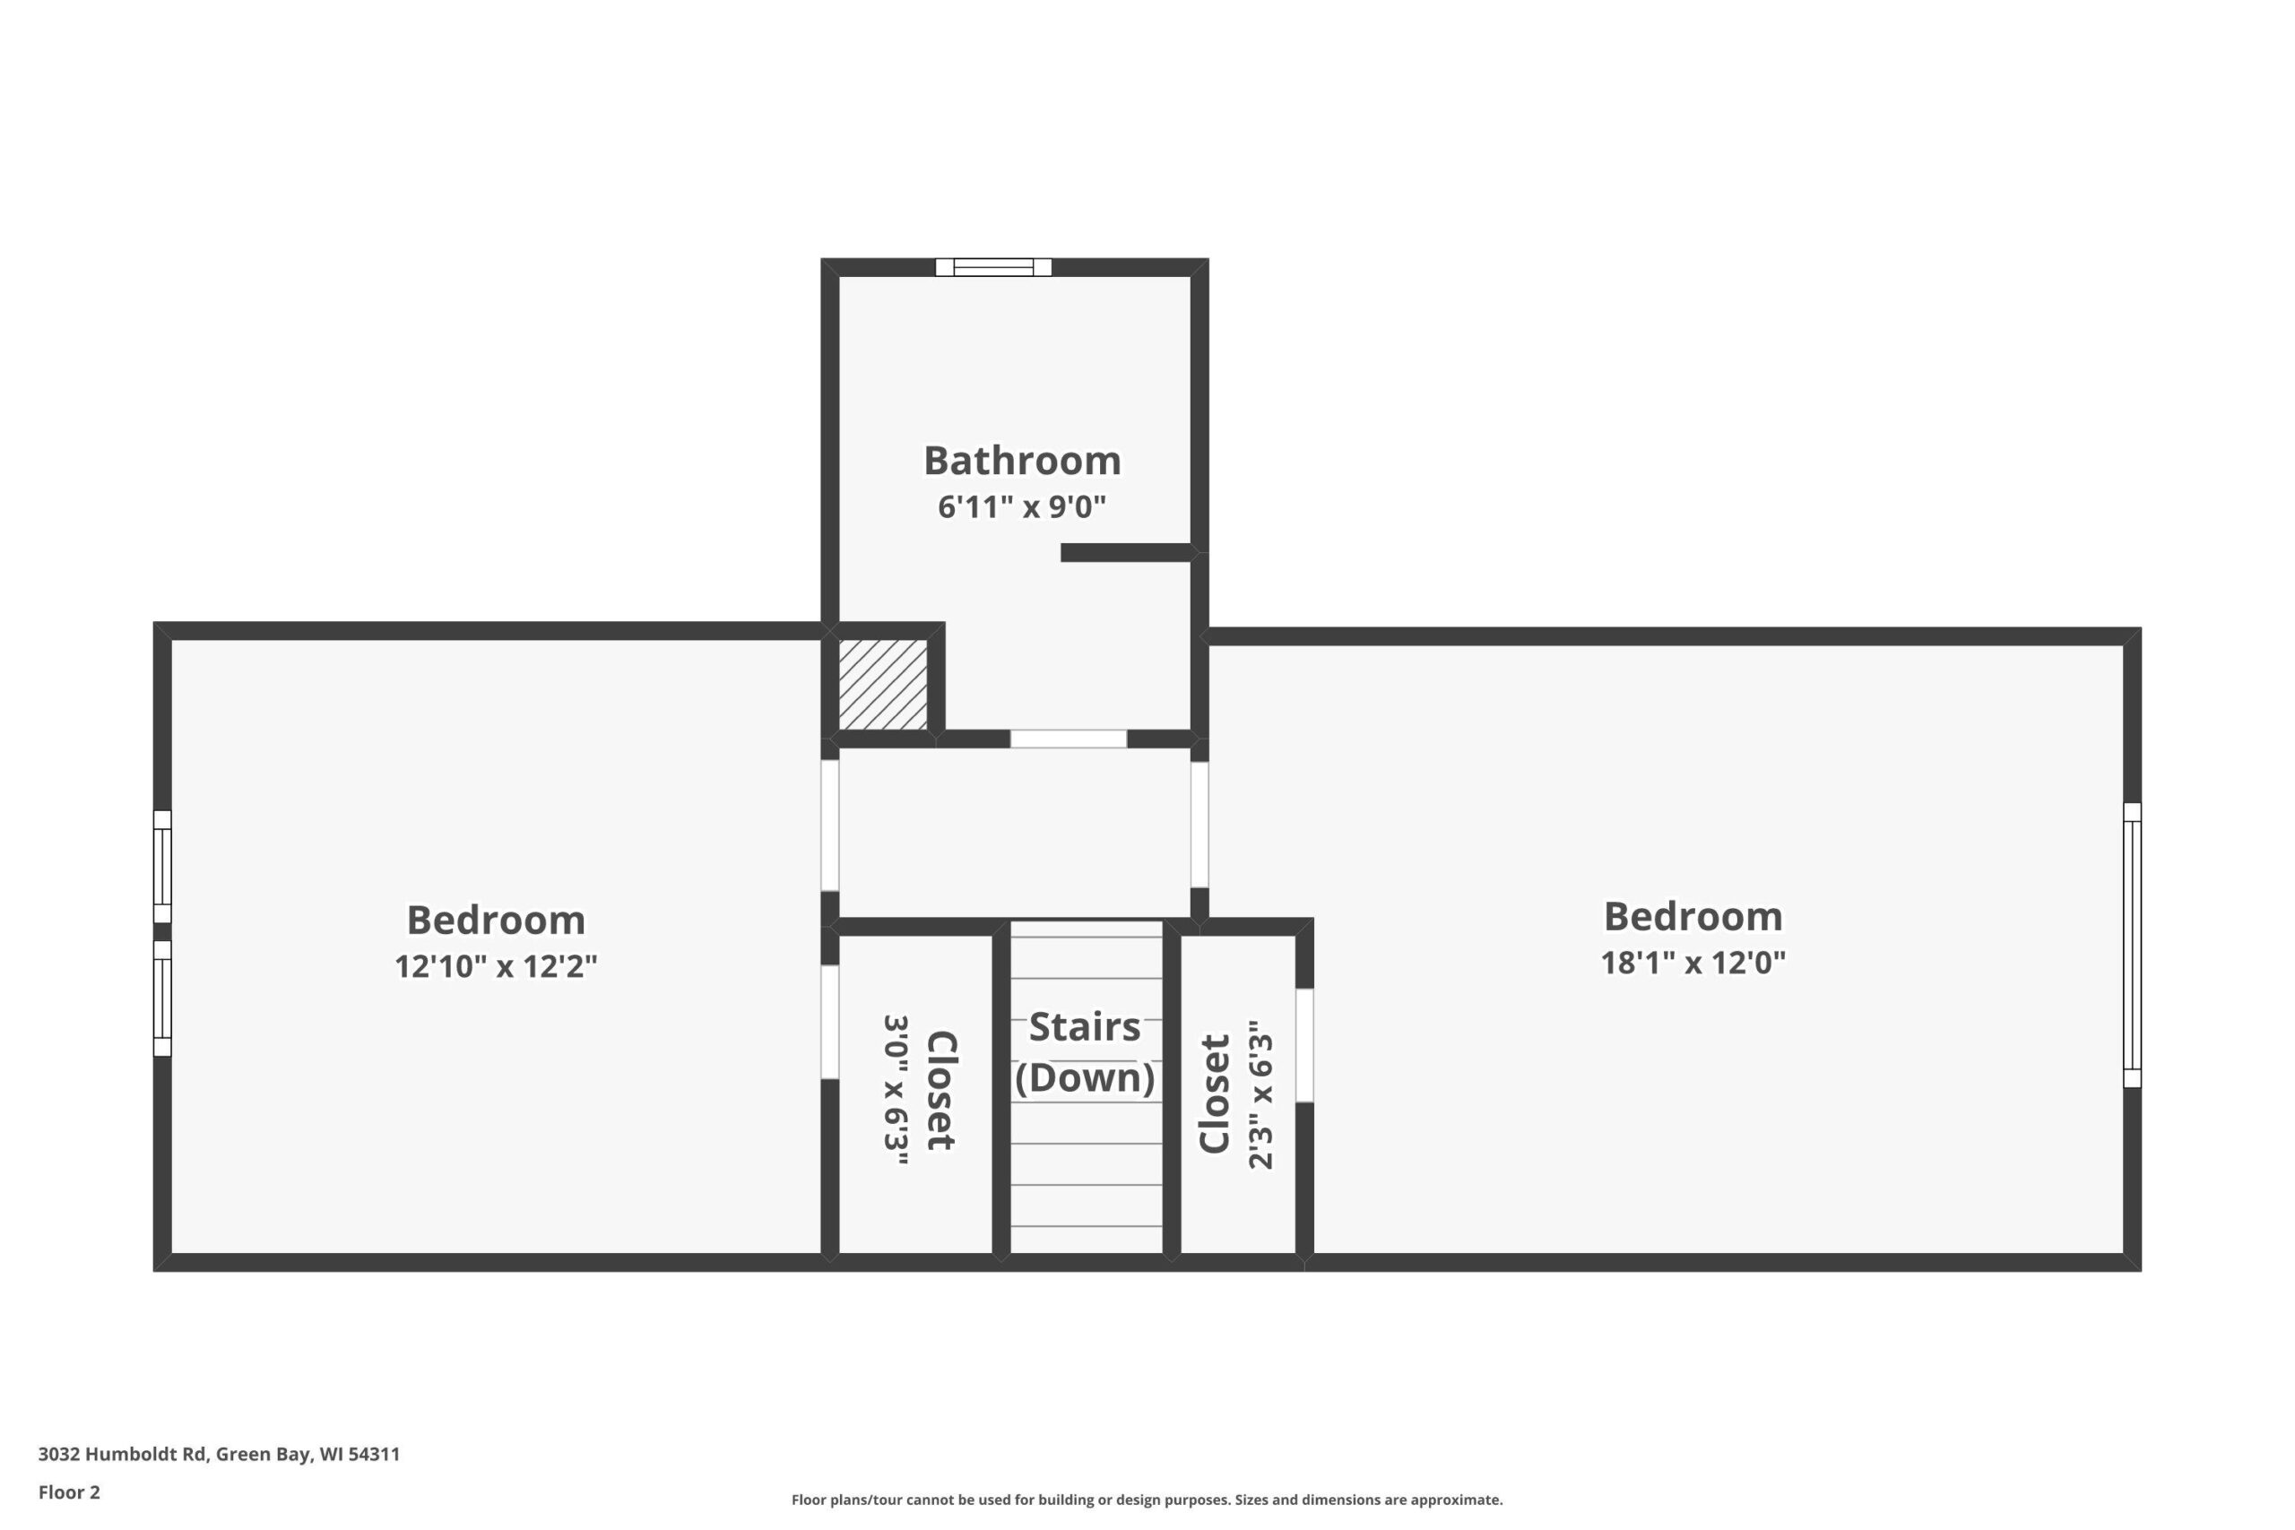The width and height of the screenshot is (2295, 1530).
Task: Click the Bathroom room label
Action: (x=1022, y=461)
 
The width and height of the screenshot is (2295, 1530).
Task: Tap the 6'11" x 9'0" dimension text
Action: (x=1022, y=507)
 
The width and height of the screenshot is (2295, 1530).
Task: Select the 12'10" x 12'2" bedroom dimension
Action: (x=496, y=966)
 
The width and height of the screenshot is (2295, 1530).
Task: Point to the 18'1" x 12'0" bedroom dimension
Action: (x=1693, y=962)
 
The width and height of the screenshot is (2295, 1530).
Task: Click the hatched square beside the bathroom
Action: (x=882, y=684)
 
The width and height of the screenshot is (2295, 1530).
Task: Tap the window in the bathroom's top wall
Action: (x=993, y=267)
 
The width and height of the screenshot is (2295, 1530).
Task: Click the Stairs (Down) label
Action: (x=1085, y=1052)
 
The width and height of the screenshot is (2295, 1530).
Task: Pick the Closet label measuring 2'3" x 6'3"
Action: (x=1214, y=1093)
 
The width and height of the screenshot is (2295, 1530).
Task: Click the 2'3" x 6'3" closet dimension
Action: (x=1260, y=1094)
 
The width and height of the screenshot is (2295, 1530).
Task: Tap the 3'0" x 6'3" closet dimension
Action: (x=896, y=1090)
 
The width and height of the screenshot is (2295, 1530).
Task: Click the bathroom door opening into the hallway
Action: (x=1069, y=739)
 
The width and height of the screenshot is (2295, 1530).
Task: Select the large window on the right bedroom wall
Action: (x=2132, y=945)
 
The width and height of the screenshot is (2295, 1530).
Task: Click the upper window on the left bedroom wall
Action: (x=162, y=867)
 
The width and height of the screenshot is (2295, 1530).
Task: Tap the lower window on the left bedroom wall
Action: (x=162, y=998)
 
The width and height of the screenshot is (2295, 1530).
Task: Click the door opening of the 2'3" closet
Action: (x=1304, y=1045)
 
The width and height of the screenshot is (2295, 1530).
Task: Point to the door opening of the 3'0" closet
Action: (x=829, y=1022)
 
